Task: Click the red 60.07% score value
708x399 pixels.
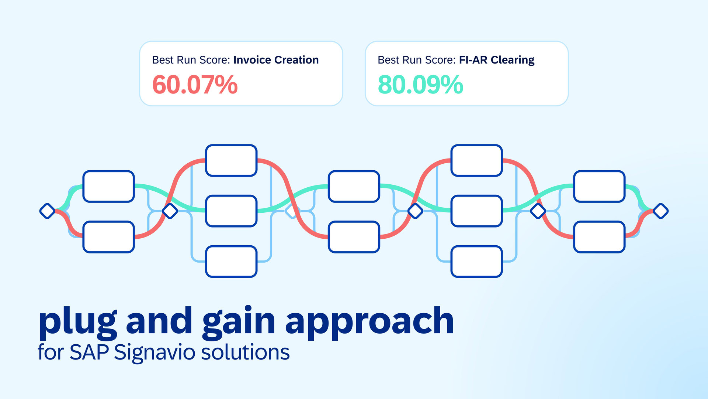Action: [x=195, y=85]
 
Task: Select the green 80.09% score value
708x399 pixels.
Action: [x=420, y=85]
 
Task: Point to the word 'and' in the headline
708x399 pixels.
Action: [x=159, y=321]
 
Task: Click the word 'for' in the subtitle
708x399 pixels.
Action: [x=51, y=352]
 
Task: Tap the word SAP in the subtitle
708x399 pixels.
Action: [x=89, y=352]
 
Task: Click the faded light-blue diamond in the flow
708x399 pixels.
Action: [x=292, y=211]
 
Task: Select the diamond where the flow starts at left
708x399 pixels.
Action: [x=47, y=211]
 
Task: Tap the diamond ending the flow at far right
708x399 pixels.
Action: [x=660, y=211]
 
